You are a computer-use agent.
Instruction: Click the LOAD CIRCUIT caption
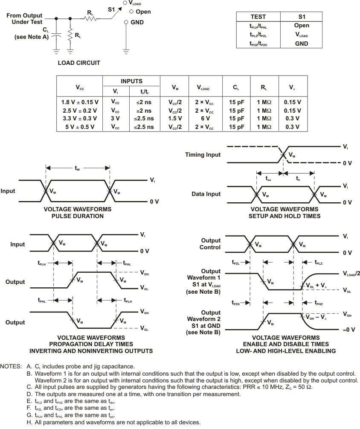(78, 63)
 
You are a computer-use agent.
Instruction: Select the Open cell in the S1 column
(301, 26)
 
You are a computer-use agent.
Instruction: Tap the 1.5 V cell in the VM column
(175, 118)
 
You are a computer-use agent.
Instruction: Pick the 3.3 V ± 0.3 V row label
(79, 118)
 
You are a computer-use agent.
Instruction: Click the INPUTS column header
(131, 81)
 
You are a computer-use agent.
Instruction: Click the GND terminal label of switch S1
(137, 22)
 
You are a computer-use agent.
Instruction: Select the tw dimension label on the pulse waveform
(77, 169)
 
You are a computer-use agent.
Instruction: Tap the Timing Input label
(203, 155)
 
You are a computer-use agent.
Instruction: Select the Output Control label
(210, 244)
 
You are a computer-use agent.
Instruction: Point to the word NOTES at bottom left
(11, 366)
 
